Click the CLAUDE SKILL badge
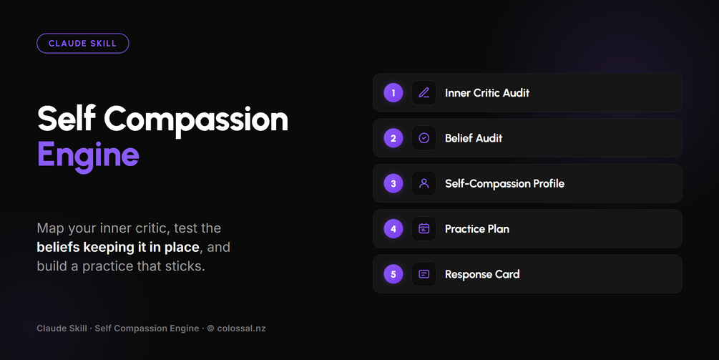(82, 44)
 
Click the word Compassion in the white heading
(196, 120)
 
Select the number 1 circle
(393, 92)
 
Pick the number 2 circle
(393, 138)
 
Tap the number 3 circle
(393, 183)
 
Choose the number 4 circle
(393, 229)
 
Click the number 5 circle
(393, 274)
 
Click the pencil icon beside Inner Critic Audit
(424, 92)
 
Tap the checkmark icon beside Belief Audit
(424, 138)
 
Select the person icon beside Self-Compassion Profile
(424, 183)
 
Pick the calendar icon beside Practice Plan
(424, 229)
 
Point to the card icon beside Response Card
(424, 274)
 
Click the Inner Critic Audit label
(487, 92)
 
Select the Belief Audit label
(474, 138)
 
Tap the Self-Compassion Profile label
(504, 183)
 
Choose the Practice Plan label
(477, 229)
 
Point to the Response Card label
(482, 274)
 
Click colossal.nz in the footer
(241, 329)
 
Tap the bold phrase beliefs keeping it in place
(118, 247)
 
